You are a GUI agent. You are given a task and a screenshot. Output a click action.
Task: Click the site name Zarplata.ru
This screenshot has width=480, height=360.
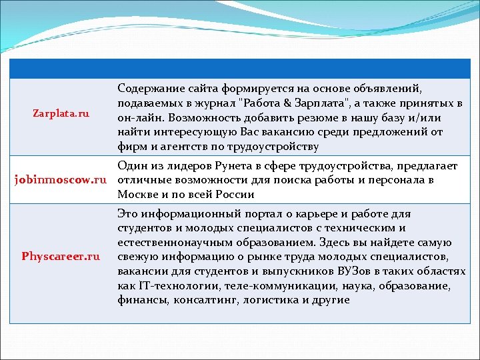61,114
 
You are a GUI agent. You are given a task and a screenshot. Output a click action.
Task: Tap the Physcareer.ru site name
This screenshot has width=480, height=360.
61,256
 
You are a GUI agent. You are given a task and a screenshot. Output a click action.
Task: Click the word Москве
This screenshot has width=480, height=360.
135,195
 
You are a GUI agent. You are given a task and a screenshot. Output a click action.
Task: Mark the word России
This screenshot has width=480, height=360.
235,195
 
